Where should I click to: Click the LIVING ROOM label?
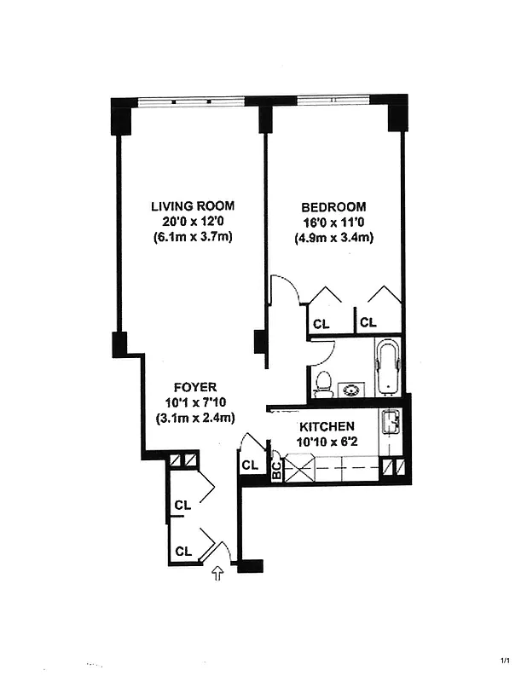[193, 206]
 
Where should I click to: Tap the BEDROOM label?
[333, 206]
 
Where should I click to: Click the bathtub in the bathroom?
[386, 367]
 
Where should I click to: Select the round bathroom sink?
[350, 390]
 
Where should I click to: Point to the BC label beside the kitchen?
[276, 470]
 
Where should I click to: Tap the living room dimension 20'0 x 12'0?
[193, 222]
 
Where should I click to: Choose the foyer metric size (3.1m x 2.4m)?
[195, 417]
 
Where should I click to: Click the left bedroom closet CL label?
[321, 324]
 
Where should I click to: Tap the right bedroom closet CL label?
[368, 324]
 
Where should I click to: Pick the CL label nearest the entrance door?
[182, 551]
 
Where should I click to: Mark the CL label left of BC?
[250, 465]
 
